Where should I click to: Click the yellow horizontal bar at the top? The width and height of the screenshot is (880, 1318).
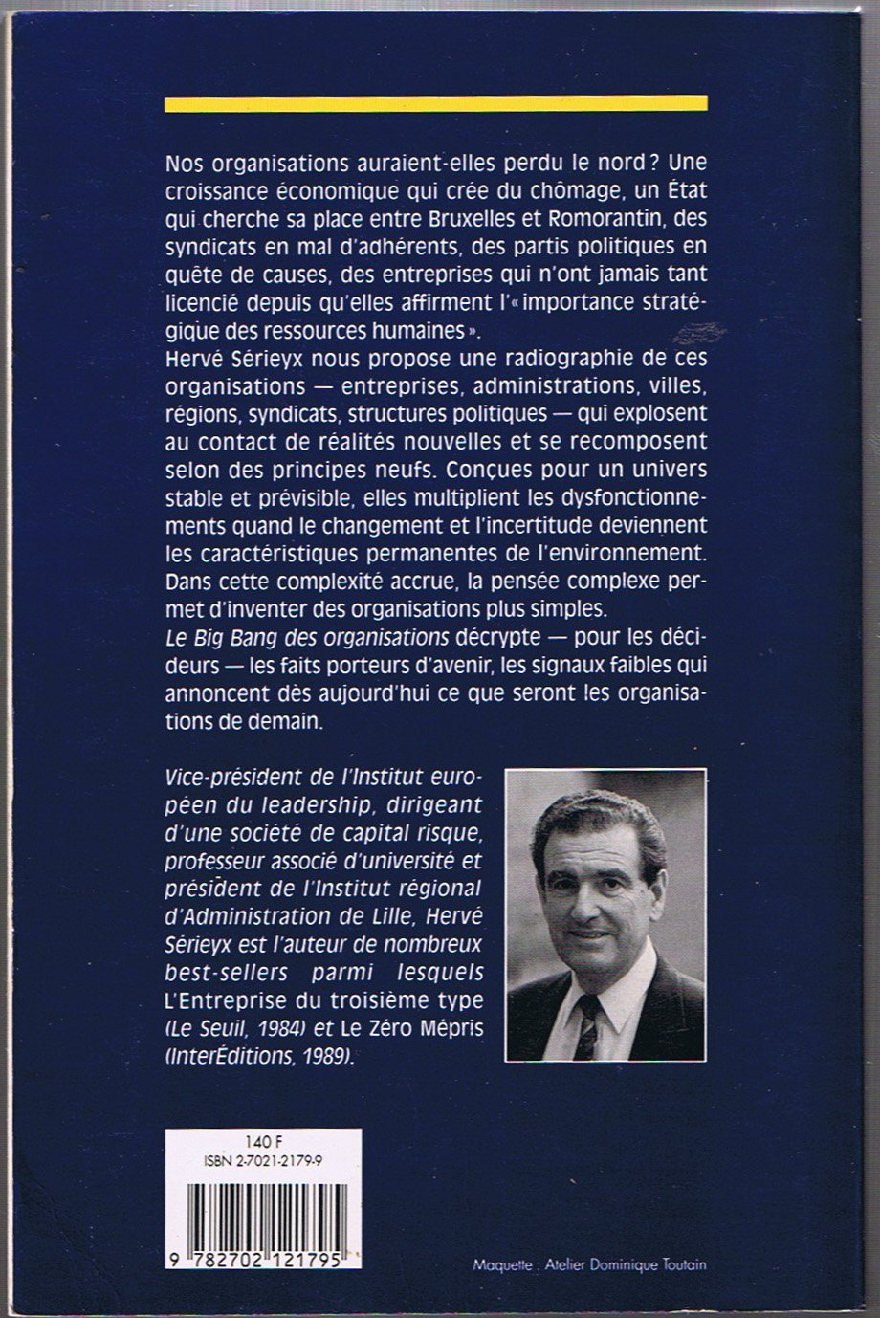(435, 103)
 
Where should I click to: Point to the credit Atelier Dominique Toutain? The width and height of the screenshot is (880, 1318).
(625, 1265)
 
